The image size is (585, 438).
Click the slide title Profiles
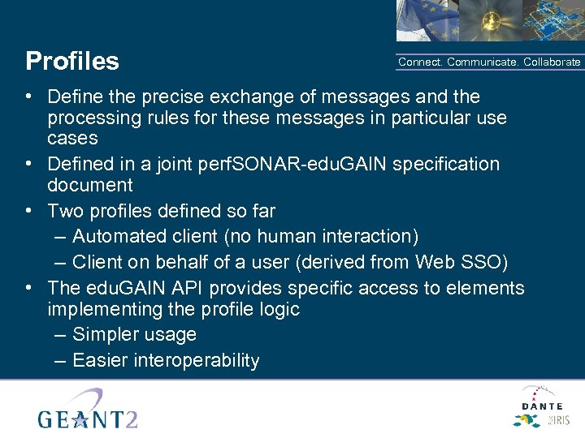[72, 62]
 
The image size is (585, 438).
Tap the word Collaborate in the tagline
[552, 62]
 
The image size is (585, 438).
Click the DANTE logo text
[542, 406]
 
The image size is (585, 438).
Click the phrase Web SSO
[480, 263]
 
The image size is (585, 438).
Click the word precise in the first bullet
[176, 97]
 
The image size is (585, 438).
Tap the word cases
[72, 139]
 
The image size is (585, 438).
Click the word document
[89, 186]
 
